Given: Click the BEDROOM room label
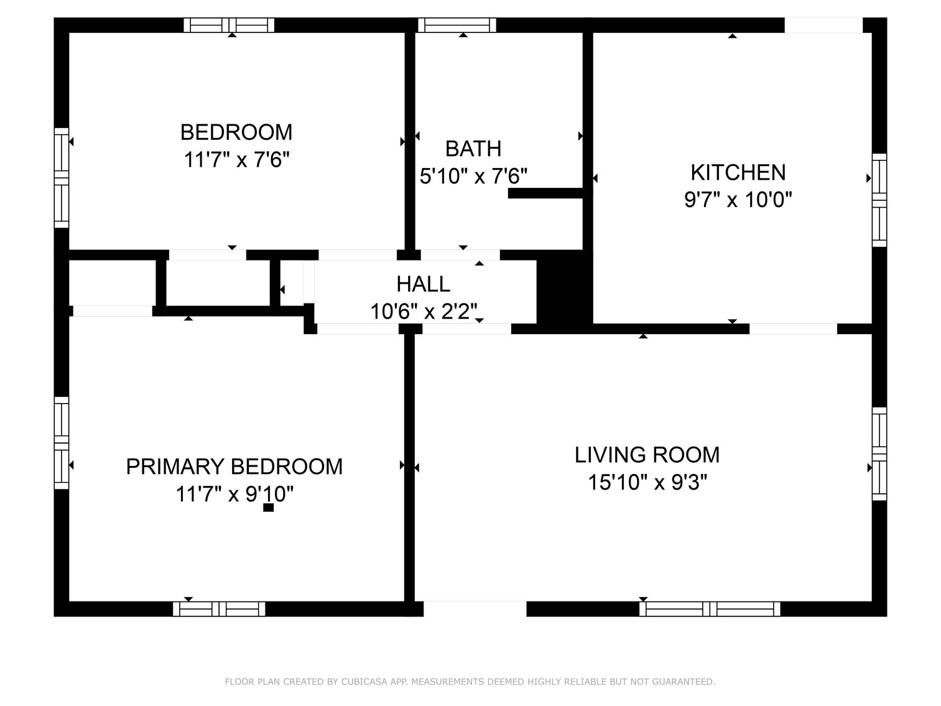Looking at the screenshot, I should [x=236, y=132].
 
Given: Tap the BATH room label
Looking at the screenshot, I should [x=473, y=149].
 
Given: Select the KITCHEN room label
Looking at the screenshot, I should [x=738, y=172].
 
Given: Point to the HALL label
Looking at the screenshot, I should [x=424, y=284].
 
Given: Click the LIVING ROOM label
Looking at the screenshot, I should [x=647, y=455].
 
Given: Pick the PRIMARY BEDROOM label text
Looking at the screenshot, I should [x=234, y=467].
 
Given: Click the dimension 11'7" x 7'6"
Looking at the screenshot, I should [x=236, y=160].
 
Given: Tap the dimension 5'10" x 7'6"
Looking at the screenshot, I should [x=473, y=177].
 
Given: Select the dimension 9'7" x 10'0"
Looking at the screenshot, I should [x=738, y=200].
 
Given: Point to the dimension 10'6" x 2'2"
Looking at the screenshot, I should [x=424, y=311].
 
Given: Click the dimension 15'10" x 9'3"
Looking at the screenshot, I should [x=647, y=482].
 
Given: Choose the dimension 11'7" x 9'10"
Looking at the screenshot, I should [x=234, y=495].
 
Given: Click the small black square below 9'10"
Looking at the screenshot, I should [x=268, y=508].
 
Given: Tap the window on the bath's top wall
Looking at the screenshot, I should [x=457, y=25].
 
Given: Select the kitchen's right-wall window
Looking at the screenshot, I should [x=879, y=200].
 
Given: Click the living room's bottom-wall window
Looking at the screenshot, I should [x=710, y=608].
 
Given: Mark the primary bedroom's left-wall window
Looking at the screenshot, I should [x=61, y=442].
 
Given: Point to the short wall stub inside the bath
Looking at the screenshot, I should [x=545, y=193].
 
